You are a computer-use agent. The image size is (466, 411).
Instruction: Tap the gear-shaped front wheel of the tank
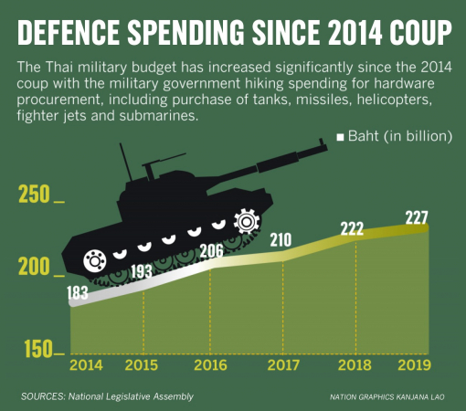coord(246,221)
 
